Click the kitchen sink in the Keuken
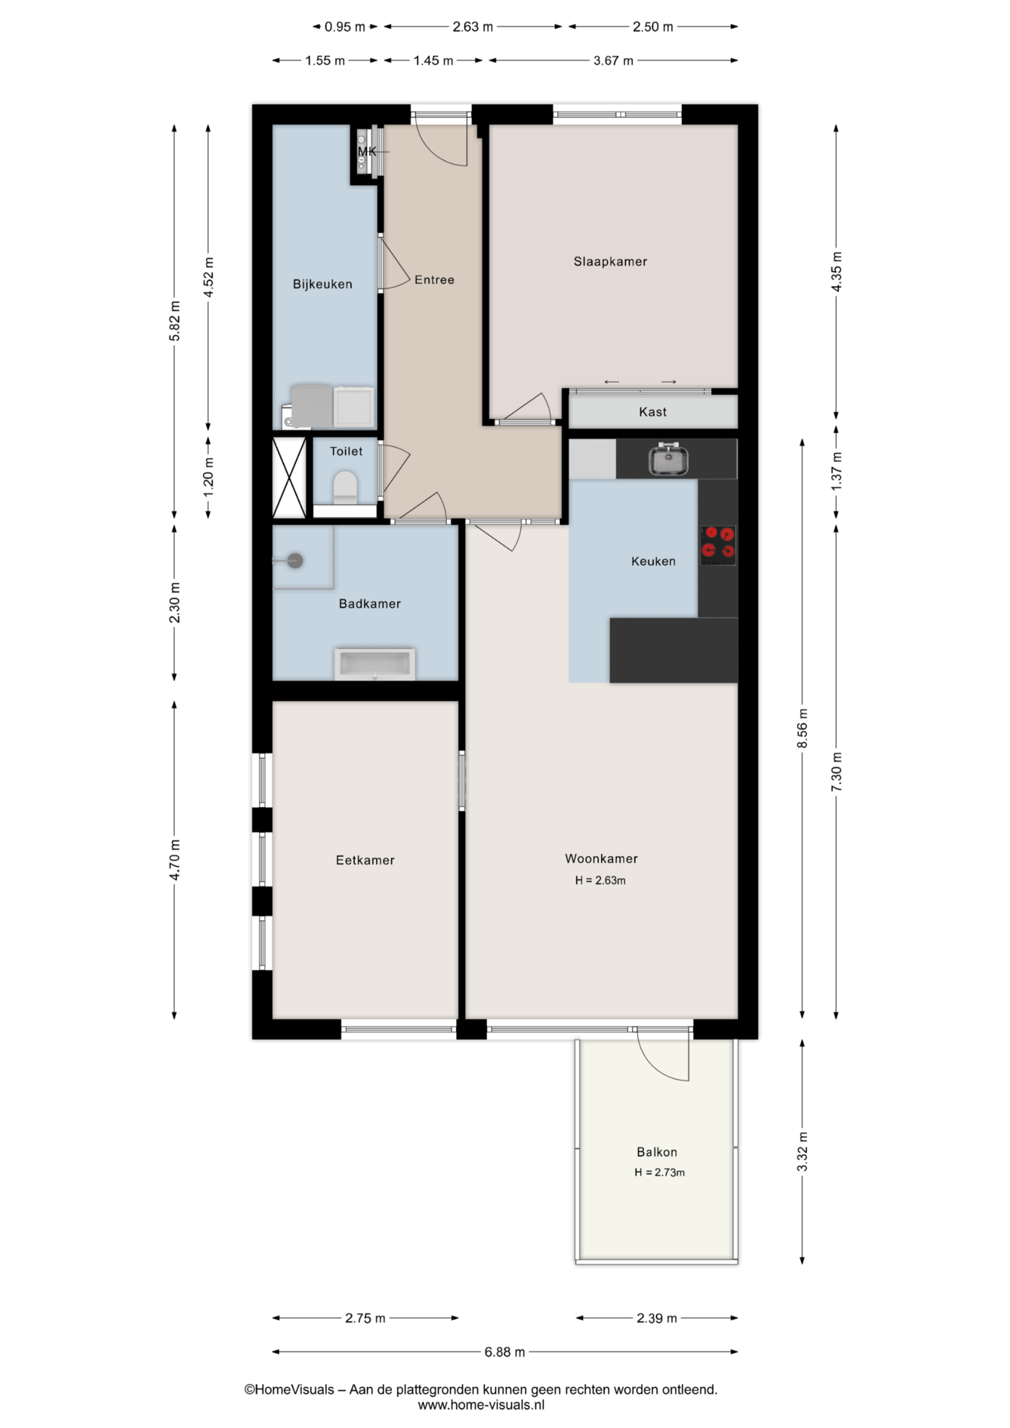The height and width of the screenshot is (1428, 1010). [x=668, y=458]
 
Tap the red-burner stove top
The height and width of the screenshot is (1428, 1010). [x=718, y=544]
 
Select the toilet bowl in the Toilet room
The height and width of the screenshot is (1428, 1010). [x=345, y=487]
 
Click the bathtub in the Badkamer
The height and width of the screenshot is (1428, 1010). [x=375, y=664]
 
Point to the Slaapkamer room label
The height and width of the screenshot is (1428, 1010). [x=610, y=262]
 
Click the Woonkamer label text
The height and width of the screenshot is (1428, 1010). [x=601, y=859]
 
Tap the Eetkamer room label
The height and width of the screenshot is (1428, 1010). [x=364, y=861]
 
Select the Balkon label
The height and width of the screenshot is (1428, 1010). [x=657, y=1152]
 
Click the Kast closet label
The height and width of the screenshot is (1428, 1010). [x=652, y=412]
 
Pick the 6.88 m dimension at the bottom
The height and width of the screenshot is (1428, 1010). [x=505, y=1352]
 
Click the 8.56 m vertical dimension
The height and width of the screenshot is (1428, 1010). [x=802, y=729]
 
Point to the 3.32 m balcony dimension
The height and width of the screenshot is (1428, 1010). [x=802, y=1151]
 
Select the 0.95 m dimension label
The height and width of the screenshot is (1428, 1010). [x=344, y=27]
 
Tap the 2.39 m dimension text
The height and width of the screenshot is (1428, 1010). [x=657, y=1318]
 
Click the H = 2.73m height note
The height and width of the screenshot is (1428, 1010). [x=659, y=1172]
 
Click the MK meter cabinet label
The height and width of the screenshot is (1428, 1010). [x=367, y=152]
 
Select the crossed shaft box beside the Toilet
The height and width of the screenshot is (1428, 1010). [x=289, y=477]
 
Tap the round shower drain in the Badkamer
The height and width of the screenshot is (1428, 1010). [x=295, y=561]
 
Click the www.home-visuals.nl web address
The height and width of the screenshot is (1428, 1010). [x=481, y=1405]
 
